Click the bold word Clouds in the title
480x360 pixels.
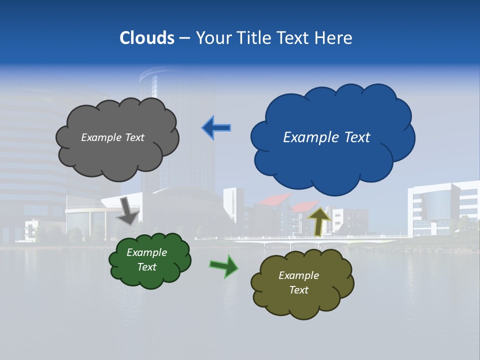click(147, 38)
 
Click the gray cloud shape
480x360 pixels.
click(117, 155)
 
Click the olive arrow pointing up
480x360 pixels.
click(319, 221)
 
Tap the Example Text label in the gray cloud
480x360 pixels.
click(112, 137)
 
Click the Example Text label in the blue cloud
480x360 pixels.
click(326, 137)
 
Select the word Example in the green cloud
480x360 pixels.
click(146, 252)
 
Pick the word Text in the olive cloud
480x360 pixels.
click(298, 290)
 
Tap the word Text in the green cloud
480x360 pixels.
click(146, 267)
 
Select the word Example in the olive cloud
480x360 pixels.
click(298, 275)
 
